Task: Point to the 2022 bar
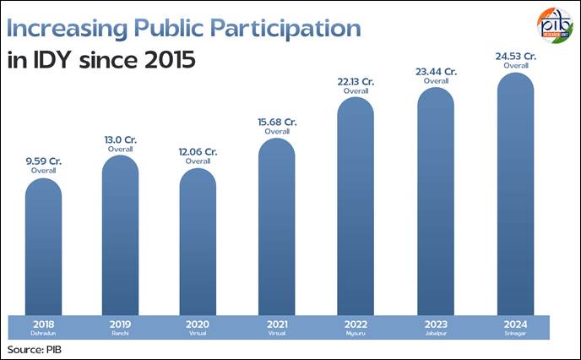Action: point(355,207)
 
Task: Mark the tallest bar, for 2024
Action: point(514,194)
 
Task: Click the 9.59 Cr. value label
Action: point(43,160)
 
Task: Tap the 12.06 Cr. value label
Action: point(198,151)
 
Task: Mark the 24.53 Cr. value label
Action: point(514,57)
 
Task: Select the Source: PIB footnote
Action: point(35,349)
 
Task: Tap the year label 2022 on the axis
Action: point(355,323)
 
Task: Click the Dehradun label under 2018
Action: point(43,333)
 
